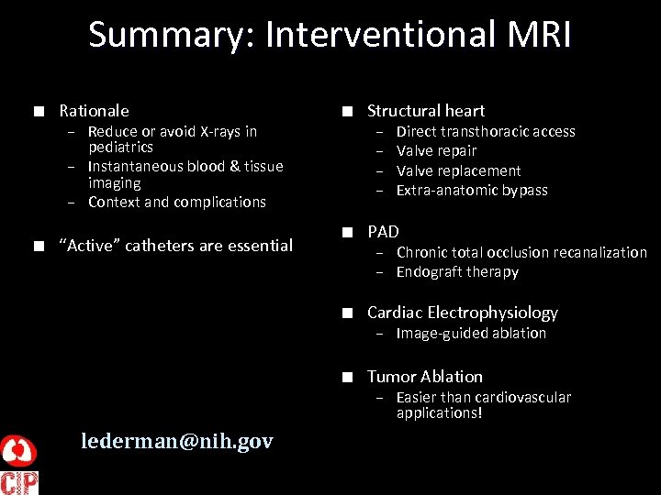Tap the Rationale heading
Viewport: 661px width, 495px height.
pyautogui.click(x=94, y=111)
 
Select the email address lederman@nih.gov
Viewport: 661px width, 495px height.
pyautogui.click(x=176, y=441)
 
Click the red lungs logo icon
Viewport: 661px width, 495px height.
pyautogui.click(x=18, y=450)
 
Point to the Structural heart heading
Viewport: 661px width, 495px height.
pyautogui.click(x=426, y=111)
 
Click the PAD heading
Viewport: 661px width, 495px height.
pyautogui.click(x=383, y=232)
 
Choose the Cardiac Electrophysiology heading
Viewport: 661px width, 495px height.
pyautogui.click(x=462, y=313)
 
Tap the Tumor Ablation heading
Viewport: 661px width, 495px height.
pyautogui.click(x=424, y=377)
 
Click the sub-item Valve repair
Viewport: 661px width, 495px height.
pyautogui.click(x=436, y=151)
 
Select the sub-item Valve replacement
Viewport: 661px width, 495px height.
pyautogui.click(x=458, y=171)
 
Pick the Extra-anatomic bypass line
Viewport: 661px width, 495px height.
pyautogui.click(x=471, y=191)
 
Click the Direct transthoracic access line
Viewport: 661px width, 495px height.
pyautogui.click(x=486, y=132)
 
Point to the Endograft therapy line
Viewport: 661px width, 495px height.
pyautogui.click(x=457, y=272)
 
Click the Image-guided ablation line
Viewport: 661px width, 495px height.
pyautogui.click(x=471, y=334)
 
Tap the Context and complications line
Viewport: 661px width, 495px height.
pyautogui.click(x=176, y=203)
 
